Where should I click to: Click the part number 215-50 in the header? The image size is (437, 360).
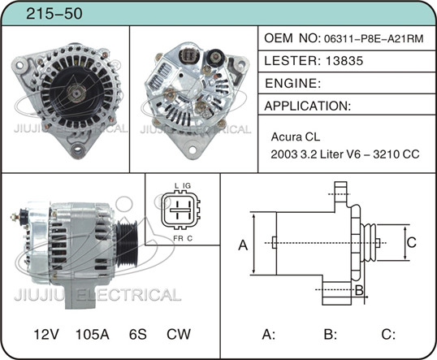point(54,14)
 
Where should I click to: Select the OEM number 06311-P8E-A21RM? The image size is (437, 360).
point(374,39)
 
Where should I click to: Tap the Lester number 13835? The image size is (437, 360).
point(344,61)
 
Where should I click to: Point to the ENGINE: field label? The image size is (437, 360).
point(292,84)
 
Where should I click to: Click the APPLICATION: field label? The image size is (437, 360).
point(307,106)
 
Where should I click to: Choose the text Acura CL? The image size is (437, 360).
point(296,137)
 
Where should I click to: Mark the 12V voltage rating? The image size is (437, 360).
point(46,334)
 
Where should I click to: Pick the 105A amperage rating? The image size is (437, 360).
point(93,334)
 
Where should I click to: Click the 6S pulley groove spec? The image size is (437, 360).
point(137,334)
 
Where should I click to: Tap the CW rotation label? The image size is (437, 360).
point(179,334)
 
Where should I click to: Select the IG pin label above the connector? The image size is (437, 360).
point(187,186)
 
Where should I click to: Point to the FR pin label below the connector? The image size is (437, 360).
point(178,238)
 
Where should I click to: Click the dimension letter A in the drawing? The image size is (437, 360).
point(243,245)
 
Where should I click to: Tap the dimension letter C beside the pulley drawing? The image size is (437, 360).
point(411,242)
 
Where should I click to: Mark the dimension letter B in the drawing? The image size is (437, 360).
point(359,290)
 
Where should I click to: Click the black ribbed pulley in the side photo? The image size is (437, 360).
point(127,244)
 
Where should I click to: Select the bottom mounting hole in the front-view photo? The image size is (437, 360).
point(77,150)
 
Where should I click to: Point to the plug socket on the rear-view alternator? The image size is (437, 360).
point(188,56)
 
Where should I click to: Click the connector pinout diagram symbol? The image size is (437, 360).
point(180,210)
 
